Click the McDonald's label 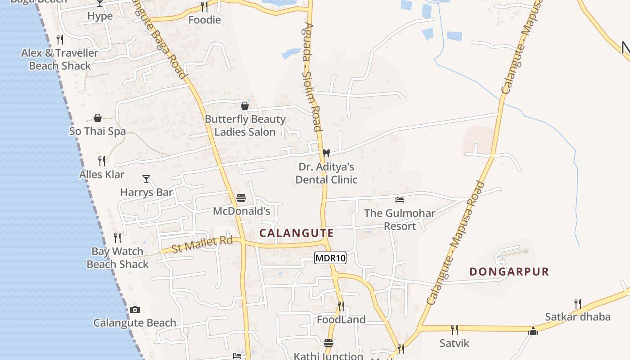click(241, 211)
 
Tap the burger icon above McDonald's click(241, 198)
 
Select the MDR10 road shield click(330, 258)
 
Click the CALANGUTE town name click(297, 233)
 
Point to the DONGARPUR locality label click(509, 272)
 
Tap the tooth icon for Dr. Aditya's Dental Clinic click(326, 153)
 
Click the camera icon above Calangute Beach click(135, 310)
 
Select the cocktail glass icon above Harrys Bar click(146, 179)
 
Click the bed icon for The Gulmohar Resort click(399, 199)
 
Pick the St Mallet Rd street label click(202, 244)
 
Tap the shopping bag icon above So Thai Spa click(98, 118)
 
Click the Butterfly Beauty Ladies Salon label click(245, 126)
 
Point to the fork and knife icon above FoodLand click(341, 306)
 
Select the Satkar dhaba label click(577, 317)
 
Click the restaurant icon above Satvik click(454, 330)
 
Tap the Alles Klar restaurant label click(102, 174)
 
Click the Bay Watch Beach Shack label click(117, 258)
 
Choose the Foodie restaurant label click(204, 20)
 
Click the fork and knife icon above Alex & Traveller click(59, 40)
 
